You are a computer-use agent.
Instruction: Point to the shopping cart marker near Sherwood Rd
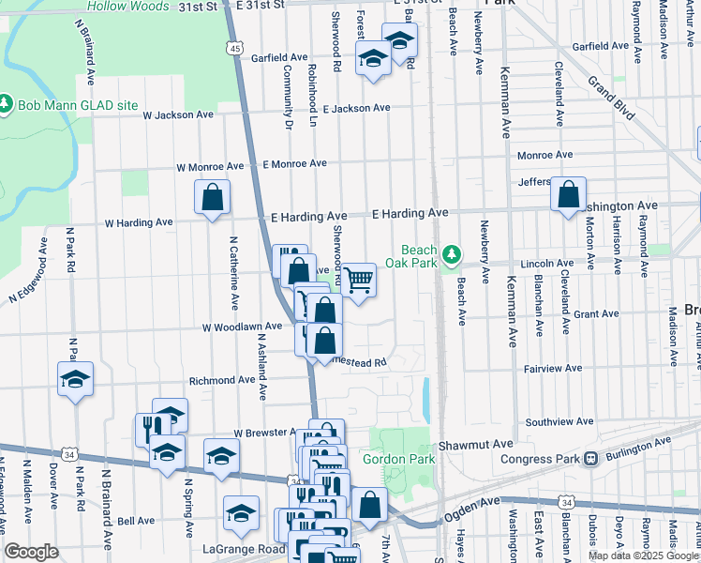[358, 280]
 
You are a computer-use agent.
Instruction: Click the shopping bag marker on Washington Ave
[568, 194]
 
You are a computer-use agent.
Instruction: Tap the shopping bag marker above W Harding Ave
[213, 197]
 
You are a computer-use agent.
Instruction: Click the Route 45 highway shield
[234, 47]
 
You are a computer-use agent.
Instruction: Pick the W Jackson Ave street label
[178, 115]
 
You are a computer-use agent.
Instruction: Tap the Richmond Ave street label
[222, 381]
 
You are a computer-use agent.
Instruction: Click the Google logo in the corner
[31, 552]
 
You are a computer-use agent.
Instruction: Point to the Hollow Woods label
[127, 6]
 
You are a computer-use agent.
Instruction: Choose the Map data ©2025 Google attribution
[642, 555]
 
